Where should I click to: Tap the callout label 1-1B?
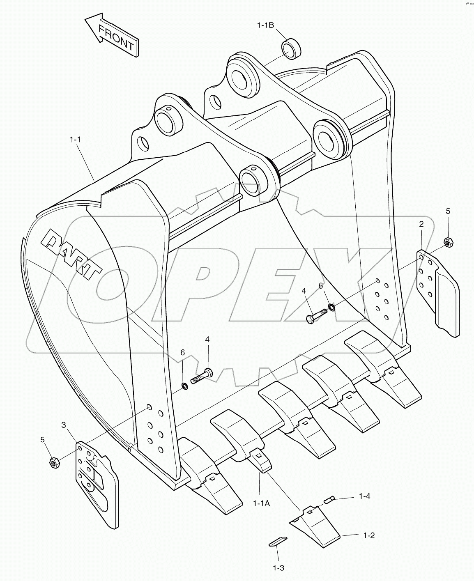265,25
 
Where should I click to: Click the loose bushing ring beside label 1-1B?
291,48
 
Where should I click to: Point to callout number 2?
421,224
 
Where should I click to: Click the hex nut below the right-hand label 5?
448,242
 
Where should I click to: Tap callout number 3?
64,425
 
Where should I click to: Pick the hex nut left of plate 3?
54,462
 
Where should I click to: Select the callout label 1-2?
368,535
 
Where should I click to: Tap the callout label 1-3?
278,568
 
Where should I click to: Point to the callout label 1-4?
364,496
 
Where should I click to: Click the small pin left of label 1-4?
329,500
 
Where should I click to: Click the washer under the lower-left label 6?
185,385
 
